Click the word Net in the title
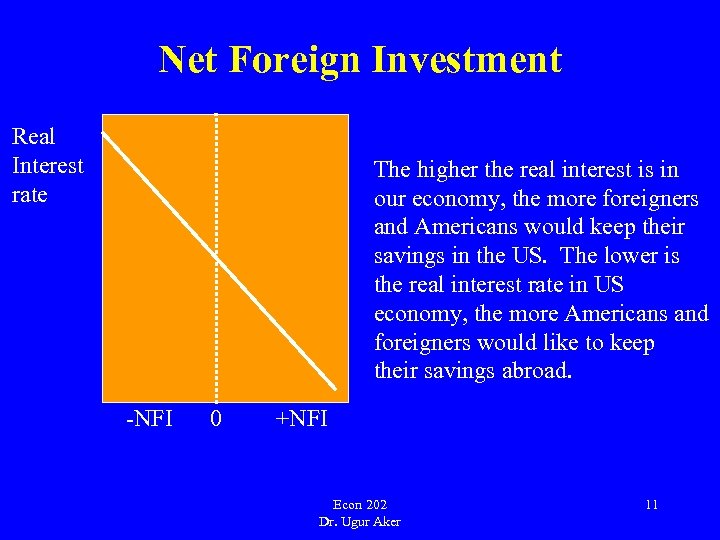[x=188, y=60]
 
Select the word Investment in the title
[x=466, y=60]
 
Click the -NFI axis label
[x=149, y=417]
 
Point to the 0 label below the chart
[x=216, y=417]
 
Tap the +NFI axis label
[x=301, y=417]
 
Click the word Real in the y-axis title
[x=33, y=136]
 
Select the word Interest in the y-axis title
[x=47, y=165]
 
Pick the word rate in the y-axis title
[x=29, y=194]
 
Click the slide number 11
[x=651, y=505]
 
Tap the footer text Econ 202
[x=360, y=504]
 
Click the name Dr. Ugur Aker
[x=360, y=522]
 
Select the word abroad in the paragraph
[x=538, y=372]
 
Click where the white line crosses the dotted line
[x=216, y=254]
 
